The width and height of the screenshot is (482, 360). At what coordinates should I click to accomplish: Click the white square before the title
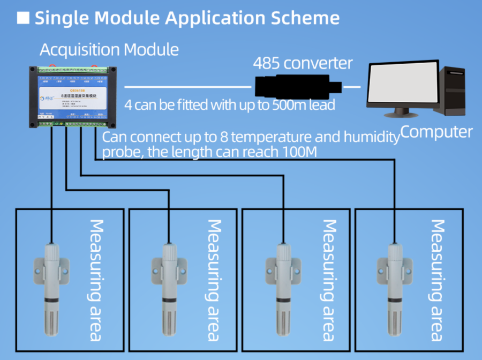coord(23,18)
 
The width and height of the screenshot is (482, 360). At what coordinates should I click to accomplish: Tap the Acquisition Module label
coord(109,50)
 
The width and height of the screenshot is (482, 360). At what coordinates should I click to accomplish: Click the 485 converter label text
coord(303,63)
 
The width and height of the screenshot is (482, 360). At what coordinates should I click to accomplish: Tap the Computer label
coord(436,132)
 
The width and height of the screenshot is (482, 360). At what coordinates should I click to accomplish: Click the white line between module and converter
coord(187,86)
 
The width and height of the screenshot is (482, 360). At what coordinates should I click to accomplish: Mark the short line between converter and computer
coord(352,86)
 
